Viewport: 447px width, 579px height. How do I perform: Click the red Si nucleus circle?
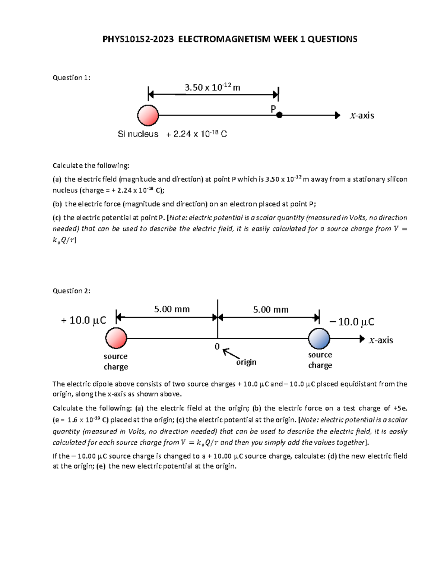tap(148, 115)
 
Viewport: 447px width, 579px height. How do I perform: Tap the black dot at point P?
tap(279, 116)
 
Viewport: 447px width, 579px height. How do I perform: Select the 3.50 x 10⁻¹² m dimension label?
tap(212, 88)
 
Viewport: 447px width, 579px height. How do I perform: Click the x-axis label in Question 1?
tap(362, 116)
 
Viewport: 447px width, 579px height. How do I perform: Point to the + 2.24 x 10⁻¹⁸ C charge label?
tap(197, 134)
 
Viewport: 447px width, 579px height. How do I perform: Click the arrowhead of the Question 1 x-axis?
tap(337, 116)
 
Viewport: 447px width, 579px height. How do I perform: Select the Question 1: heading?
tap(72, 78)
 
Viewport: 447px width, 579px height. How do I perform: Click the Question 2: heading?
tap(72, 291)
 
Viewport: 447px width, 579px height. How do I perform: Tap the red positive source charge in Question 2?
tap(116, 338)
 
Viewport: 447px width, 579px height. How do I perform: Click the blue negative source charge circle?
tap(319, 339)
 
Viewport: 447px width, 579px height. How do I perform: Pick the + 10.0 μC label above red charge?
tap(83, 320)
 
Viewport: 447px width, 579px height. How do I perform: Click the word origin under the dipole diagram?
tap(246, 362)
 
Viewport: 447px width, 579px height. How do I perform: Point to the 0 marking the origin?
tap(217, 347)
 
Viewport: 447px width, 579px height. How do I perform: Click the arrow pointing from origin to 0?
tap(231, 353)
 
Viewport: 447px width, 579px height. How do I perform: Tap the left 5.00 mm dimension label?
tap(172, 309)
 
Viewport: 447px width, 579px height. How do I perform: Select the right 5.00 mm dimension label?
tap(271, 309)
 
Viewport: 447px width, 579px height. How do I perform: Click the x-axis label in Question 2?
tap(381, 340)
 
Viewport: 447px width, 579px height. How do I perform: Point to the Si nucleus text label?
tap(138, 134)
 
